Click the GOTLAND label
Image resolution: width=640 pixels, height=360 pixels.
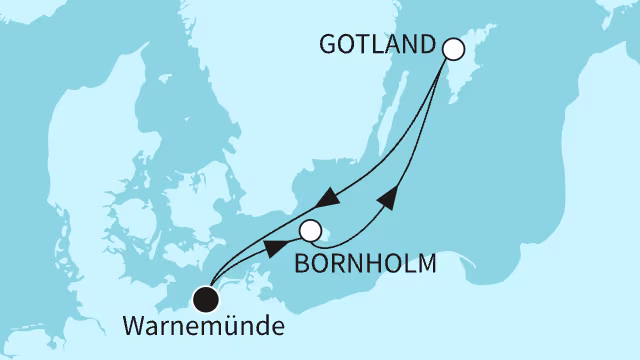click(379, 46)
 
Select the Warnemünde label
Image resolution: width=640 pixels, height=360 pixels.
click(202, 326)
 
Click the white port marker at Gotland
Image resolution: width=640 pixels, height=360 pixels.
click(453, 48)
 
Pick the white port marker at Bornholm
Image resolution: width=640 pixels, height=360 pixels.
click(311, 232)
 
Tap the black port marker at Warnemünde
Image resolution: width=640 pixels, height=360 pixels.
click(206, 296)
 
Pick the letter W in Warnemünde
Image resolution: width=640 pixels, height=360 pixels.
click(133, 326)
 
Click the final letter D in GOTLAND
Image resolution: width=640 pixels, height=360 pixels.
click(429, 46)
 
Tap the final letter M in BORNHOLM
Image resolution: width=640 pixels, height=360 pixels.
click(429, 265)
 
